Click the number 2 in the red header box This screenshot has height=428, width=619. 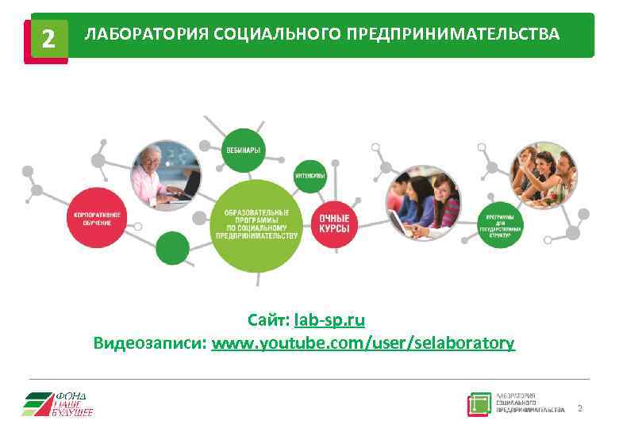point(48,38)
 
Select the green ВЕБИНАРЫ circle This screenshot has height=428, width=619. point(243,150)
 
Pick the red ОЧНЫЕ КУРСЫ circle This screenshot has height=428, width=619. point(334,222)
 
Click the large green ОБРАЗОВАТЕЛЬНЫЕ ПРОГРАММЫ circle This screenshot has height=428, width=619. point(256,224)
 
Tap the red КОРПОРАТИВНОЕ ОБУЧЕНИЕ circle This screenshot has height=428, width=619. point(98,218)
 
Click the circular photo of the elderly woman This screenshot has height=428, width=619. point(166,174)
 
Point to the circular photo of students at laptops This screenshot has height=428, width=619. point(422,202)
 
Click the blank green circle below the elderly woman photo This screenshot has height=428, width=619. point(172,248)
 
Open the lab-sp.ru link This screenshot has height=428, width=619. point(329,321)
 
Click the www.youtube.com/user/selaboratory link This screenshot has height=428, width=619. point(363,343)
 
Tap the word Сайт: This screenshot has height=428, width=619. point(268,321)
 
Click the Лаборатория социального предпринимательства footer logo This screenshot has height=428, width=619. point(515,404)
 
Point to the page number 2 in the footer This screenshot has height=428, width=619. point(579,408)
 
